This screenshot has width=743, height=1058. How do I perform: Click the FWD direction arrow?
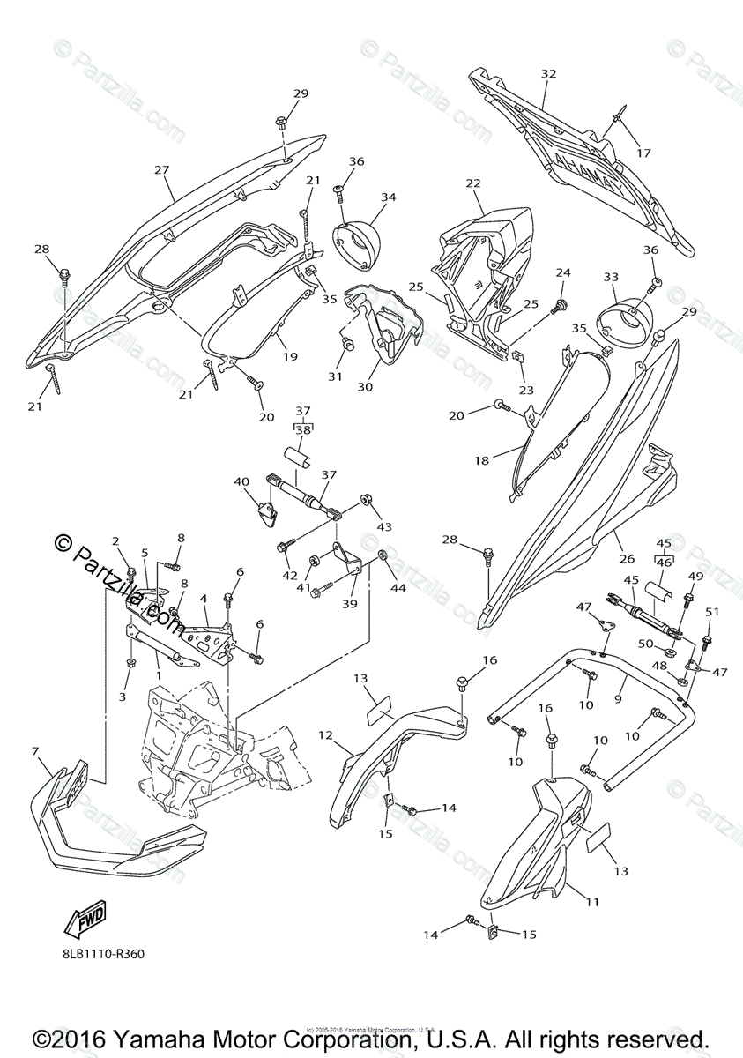click(x=85, y=921)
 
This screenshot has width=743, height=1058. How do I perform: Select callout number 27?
click(x=161, y=169)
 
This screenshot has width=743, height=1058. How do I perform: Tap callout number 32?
click(x=548, y=75)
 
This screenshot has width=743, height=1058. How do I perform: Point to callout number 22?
click(x=473, y=183)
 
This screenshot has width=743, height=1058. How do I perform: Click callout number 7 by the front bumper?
click(x=34, y=751)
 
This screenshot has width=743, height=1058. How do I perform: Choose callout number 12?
click(x=325, y=734)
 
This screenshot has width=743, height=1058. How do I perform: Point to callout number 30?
click(x=364, y=386)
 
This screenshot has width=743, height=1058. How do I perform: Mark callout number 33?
click(x=611, y=276)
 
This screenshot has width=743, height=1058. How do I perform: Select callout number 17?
click(x=643, y=153)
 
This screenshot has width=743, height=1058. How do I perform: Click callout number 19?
click(x=290, y=357)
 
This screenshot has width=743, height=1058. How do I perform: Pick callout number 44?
click(x=398, y=588)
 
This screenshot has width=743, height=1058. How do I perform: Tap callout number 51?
click(x=712, y=612)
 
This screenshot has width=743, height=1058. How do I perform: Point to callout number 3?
click(x=123, y=697)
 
